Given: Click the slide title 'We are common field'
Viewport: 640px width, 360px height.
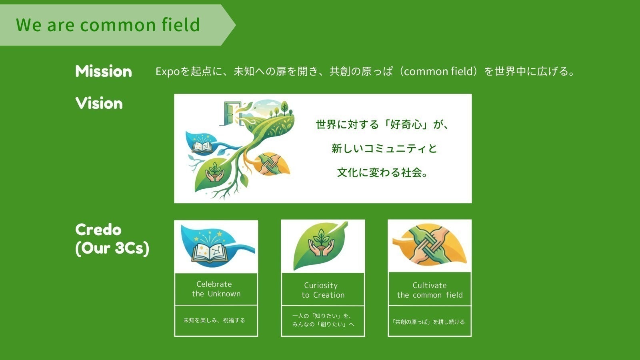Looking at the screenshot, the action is pyautogui.click(x=108, y=24).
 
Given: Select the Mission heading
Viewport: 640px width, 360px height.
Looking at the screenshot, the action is pyautogui.click(x=104, y=71).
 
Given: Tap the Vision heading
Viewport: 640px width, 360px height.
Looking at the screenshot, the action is pyautogui.click(x=99, y=103).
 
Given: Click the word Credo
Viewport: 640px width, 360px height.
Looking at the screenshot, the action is pyautogui.click(x=98, y=230).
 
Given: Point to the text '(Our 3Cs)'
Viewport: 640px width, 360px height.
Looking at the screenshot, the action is pyautogui.click(x=112, y=248).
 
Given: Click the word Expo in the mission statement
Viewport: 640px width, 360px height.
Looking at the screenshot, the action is pyautogui.click(x=168, y=72).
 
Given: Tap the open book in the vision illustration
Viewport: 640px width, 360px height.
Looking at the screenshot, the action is pyautogui.click(x=202, y=147).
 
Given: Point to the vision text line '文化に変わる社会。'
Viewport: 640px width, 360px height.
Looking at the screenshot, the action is pyautogui.click(x=382, y=172).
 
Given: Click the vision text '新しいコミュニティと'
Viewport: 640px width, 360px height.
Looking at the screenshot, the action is pyautogui.click(x=384, y=148).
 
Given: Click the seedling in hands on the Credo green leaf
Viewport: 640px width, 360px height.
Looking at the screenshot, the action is pyautogui.click(x=322, y=243).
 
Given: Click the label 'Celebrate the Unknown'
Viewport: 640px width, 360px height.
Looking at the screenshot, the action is pyautogui.click(x=216, y=289).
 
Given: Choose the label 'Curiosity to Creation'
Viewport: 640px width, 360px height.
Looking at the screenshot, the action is pyautogui.click(x=323, y=290).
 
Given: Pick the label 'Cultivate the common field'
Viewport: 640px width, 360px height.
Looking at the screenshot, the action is pyautogui.click(x=430, y=290).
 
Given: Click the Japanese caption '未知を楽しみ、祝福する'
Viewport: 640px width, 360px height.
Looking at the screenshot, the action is pyautogui.click(x=214, y=320).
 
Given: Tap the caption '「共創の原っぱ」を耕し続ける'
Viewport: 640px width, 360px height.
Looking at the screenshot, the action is pyautogui.click(x=429, y=322).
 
